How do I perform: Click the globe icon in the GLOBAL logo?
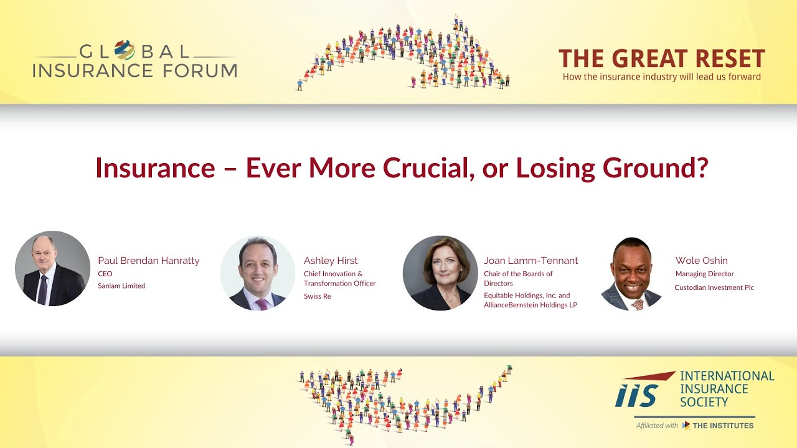pyautogui.click(x=125, y=50)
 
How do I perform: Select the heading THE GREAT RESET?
pyautogui.click(x=661, y=59)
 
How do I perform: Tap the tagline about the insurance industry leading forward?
pyautogui.click(x=661, y=77)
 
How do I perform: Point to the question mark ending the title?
pyautogui.click(x=702, y=168)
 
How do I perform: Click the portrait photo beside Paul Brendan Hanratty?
pyautogui.click(x=52, y=269)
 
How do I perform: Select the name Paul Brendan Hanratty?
pyautogui.click(x=149, y=261)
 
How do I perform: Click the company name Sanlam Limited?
pyautogui.click(x=121, y=286)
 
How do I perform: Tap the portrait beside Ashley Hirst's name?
pyautogui.click(x=257, y=273)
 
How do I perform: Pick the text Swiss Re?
pyautogui.click(x=317, y=296)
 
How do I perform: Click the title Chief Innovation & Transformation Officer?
pyautogui.click(x=339, y=279)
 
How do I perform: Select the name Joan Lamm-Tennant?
pyautogui.click(x=531, y=261)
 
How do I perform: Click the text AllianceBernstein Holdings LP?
pyautogui.click(x=531, y=306)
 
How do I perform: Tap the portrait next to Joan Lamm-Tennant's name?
pyautogui.click(x=440, y=273)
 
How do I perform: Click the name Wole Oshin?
pyautogui.click(x=701, y=261)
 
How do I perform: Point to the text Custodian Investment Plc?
pyautogui.click(x=714, y=287)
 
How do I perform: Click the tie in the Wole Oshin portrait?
pyautogui.click(x=636, y=304)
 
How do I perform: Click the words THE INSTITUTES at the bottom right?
pyautogui.click(x=724, y=426)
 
